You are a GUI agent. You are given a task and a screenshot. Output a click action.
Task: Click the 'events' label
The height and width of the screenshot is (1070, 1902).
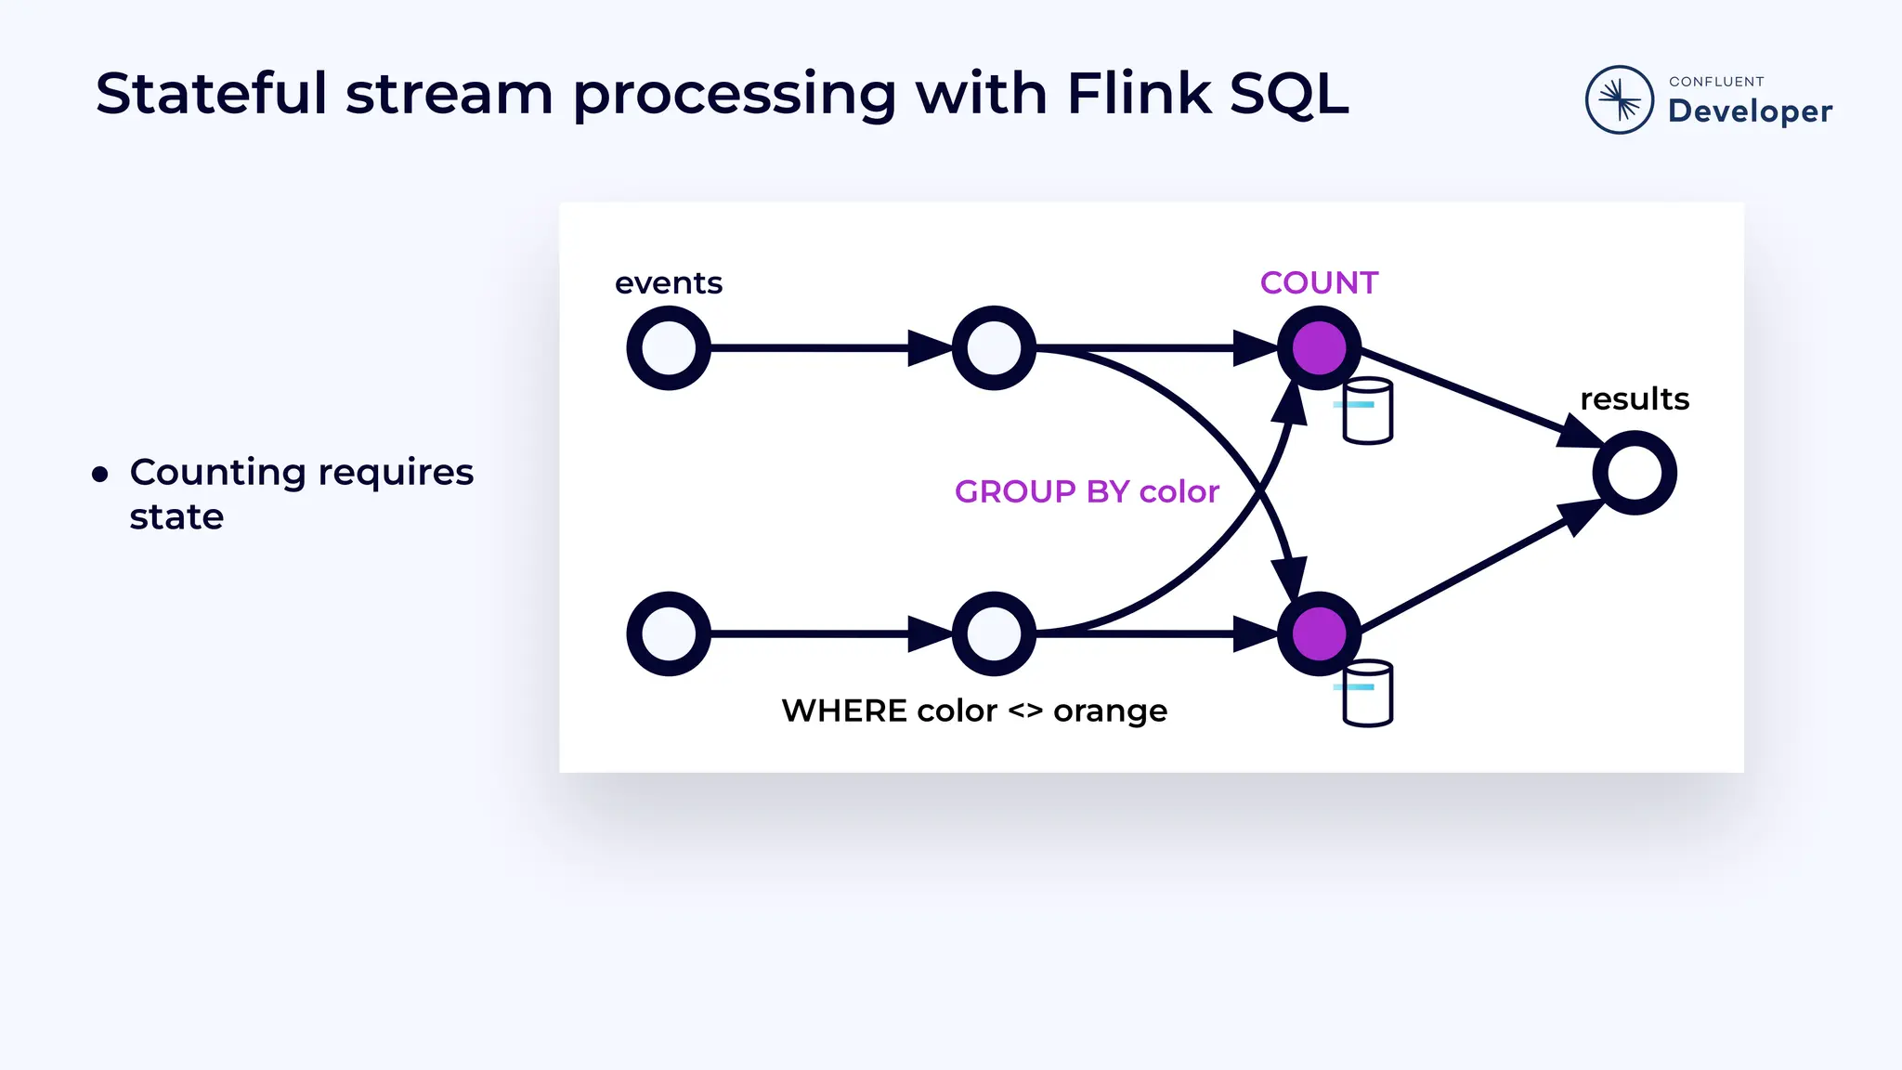pos(668,282)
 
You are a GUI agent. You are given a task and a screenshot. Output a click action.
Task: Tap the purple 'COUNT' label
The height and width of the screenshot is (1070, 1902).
pos(1319,282)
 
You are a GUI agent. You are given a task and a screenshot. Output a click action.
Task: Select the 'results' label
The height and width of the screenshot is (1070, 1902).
pos(1634,398)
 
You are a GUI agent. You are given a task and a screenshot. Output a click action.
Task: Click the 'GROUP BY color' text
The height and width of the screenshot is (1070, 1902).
pos(1087,491)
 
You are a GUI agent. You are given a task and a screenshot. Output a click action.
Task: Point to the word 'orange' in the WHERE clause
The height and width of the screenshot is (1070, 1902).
pos(1110,711)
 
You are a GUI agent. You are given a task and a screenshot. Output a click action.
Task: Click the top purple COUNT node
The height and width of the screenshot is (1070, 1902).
pos(1319,348)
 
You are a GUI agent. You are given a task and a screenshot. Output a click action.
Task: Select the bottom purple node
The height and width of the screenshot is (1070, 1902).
pos(1319,633)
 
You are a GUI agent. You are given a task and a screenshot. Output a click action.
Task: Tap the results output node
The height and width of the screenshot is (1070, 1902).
pos(1634,473)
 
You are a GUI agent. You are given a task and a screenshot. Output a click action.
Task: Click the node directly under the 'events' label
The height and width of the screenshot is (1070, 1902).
pos(668,348)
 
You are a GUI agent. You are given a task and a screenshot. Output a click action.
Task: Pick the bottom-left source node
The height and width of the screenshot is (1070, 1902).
pos(668,633)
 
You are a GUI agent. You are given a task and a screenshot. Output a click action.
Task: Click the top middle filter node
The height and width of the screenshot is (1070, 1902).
pos(994,348)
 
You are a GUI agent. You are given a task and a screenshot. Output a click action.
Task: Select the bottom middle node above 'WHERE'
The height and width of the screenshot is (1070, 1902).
pos(994,633)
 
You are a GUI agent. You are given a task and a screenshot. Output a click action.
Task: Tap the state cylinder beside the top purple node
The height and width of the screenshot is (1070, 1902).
pos(1368,411)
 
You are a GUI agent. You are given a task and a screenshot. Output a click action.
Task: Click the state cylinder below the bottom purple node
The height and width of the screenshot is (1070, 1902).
pos(1368,693)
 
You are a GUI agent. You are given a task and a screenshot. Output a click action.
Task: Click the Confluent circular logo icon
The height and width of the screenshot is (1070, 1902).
pos(1619,99)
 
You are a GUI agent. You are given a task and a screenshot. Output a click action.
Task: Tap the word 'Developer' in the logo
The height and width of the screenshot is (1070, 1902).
pos(1750,111)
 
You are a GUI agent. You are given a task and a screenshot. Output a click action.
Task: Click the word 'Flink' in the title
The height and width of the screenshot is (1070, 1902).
pos(1139,94)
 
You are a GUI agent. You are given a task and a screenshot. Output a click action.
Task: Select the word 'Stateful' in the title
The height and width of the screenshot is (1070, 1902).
pos(212,94)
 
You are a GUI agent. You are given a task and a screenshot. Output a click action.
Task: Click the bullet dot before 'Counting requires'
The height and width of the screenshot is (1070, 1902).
pos(100,475)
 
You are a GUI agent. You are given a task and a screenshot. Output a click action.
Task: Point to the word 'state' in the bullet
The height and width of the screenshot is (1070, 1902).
pos(176,517)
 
